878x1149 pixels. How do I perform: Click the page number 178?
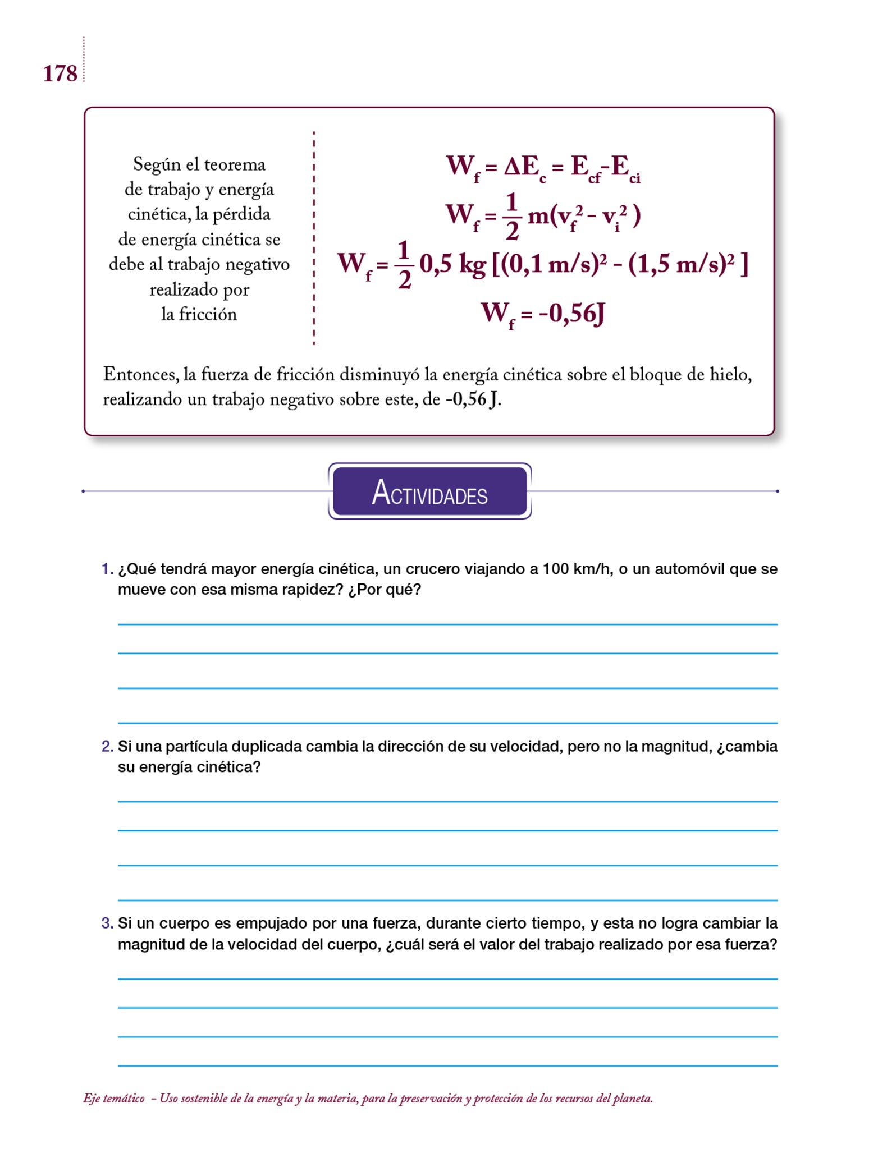(60, 73)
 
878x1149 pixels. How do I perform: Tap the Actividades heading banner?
(429, 491)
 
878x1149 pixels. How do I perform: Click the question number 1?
(107, 569)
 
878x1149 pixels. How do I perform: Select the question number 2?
(107, 746)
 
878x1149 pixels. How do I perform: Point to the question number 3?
(107, 923)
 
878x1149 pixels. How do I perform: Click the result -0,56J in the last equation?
(571, 314)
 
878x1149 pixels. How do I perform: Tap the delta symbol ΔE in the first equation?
(520, 167)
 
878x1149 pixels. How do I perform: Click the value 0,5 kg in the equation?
(452, 264)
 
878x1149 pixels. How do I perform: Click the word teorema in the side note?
(234, 164)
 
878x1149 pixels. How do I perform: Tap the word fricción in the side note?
(207, 314)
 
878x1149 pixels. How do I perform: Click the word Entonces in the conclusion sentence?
(139, 374)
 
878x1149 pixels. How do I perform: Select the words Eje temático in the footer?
(113, 1098)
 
